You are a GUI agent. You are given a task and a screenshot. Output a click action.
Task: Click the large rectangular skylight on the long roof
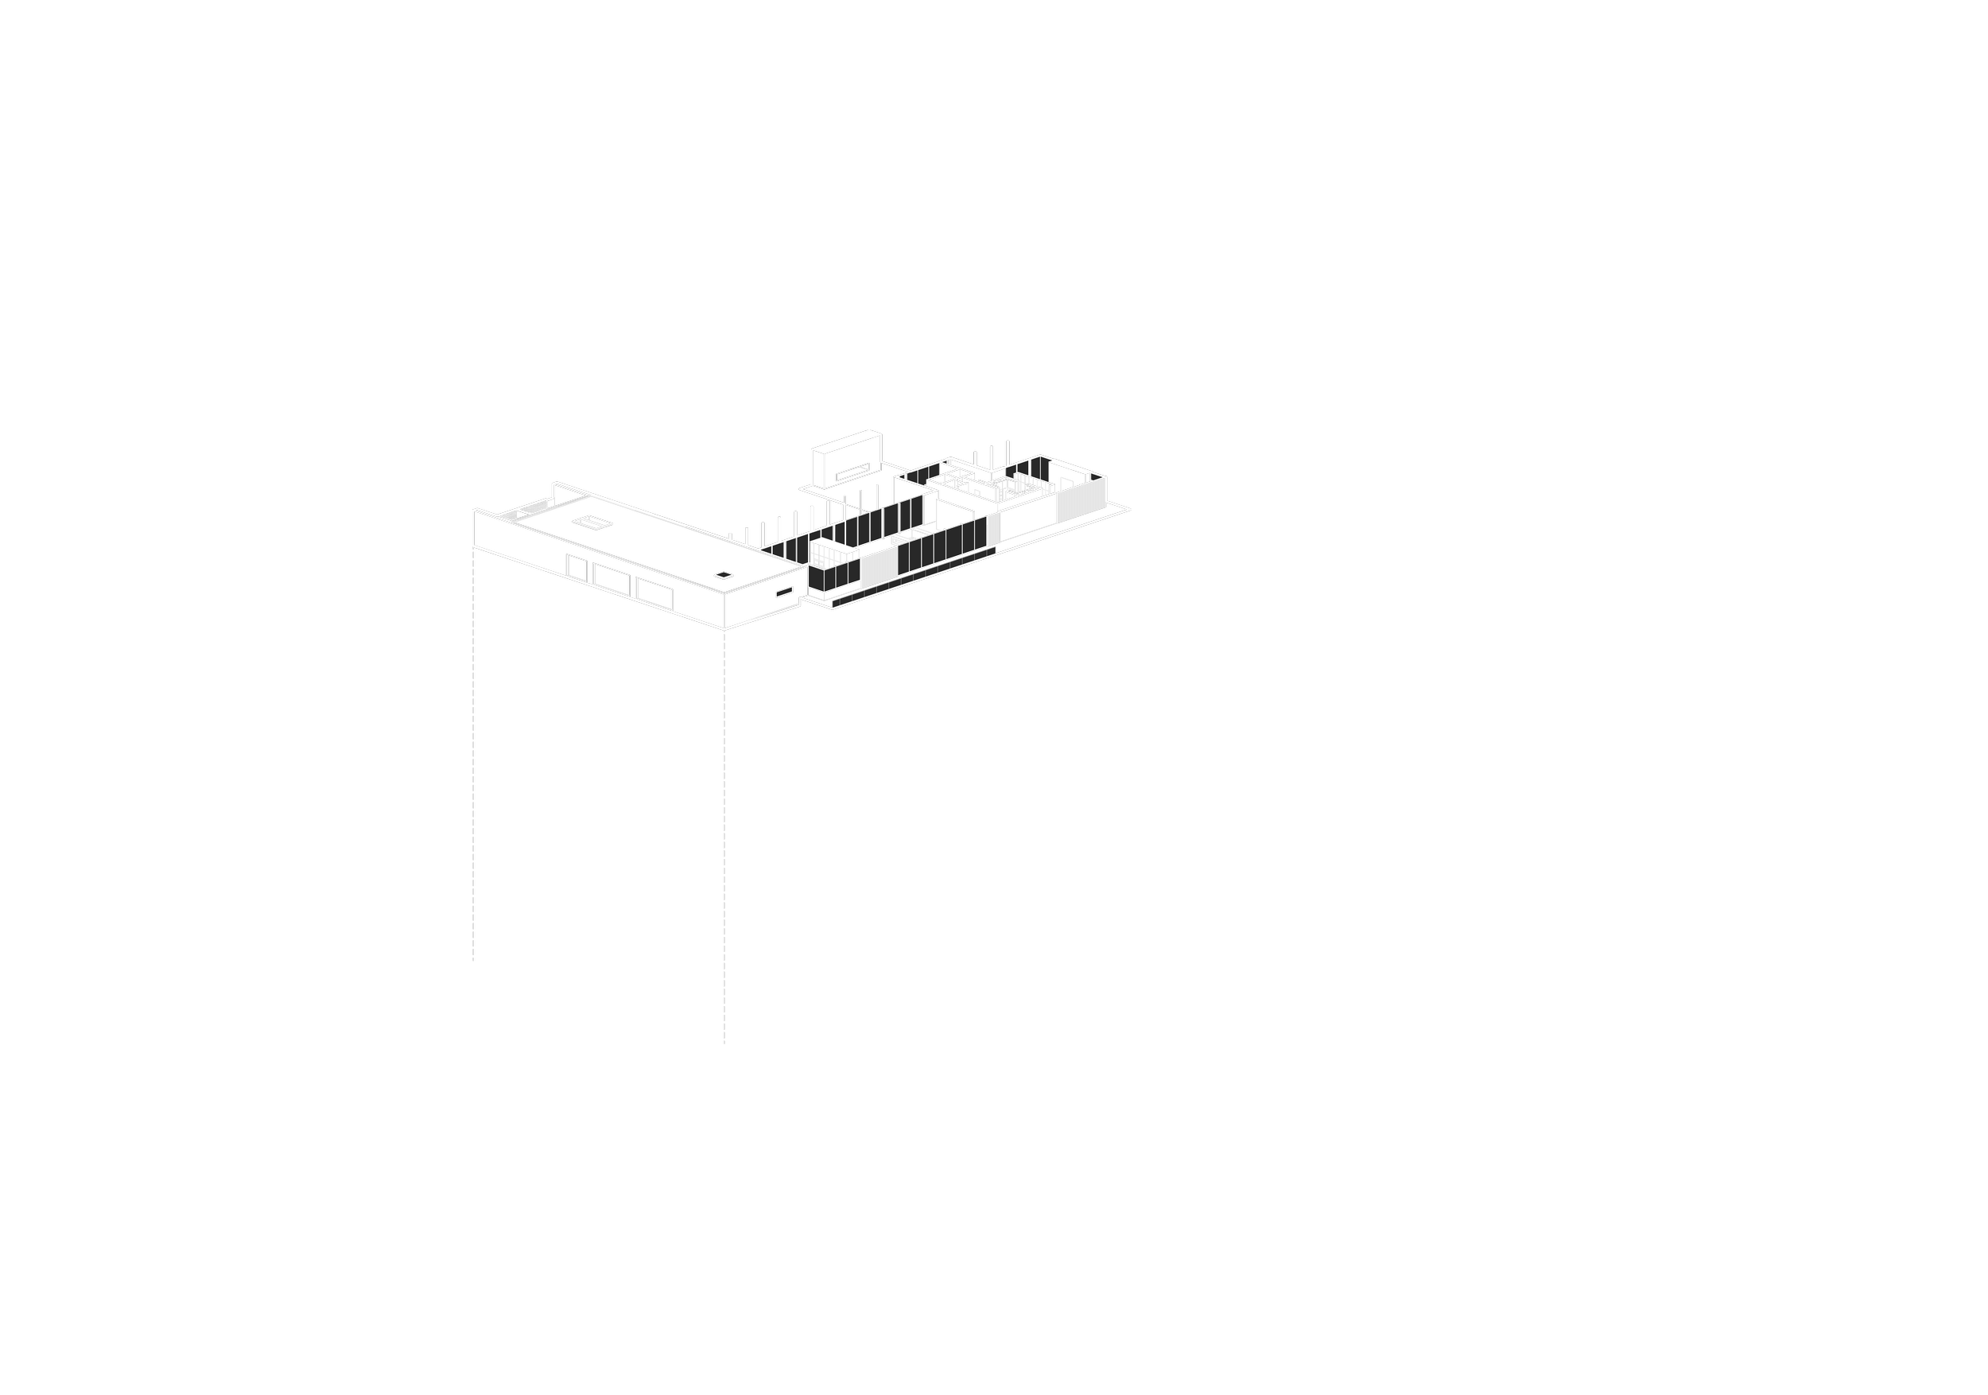click(592, 523)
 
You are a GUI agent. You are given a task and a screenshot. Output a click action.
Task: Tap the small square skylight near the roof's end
click(724, 575)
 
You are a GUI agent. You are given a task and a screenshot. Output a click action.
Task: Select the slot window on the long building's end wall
click(784, 593)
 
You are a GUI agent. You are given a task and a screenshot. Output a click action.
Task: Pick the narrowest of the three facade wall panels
click(577, 567)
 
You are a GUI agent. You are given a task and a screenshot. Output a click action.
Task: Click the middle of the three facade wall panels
click(612, 579)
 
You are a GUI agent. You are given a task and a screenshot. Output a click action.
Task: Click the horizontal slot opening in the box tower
click(852, 471)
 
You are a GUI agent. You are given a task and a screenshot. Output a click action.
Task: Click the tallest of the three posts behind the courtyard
click(1008, 453)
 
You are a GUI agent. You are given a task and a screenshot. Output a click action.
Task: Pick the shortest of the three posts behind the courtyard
click(975, 458)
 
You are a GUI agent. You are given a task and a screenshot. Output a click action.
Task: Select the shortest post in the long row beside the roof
click(730, 537)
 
